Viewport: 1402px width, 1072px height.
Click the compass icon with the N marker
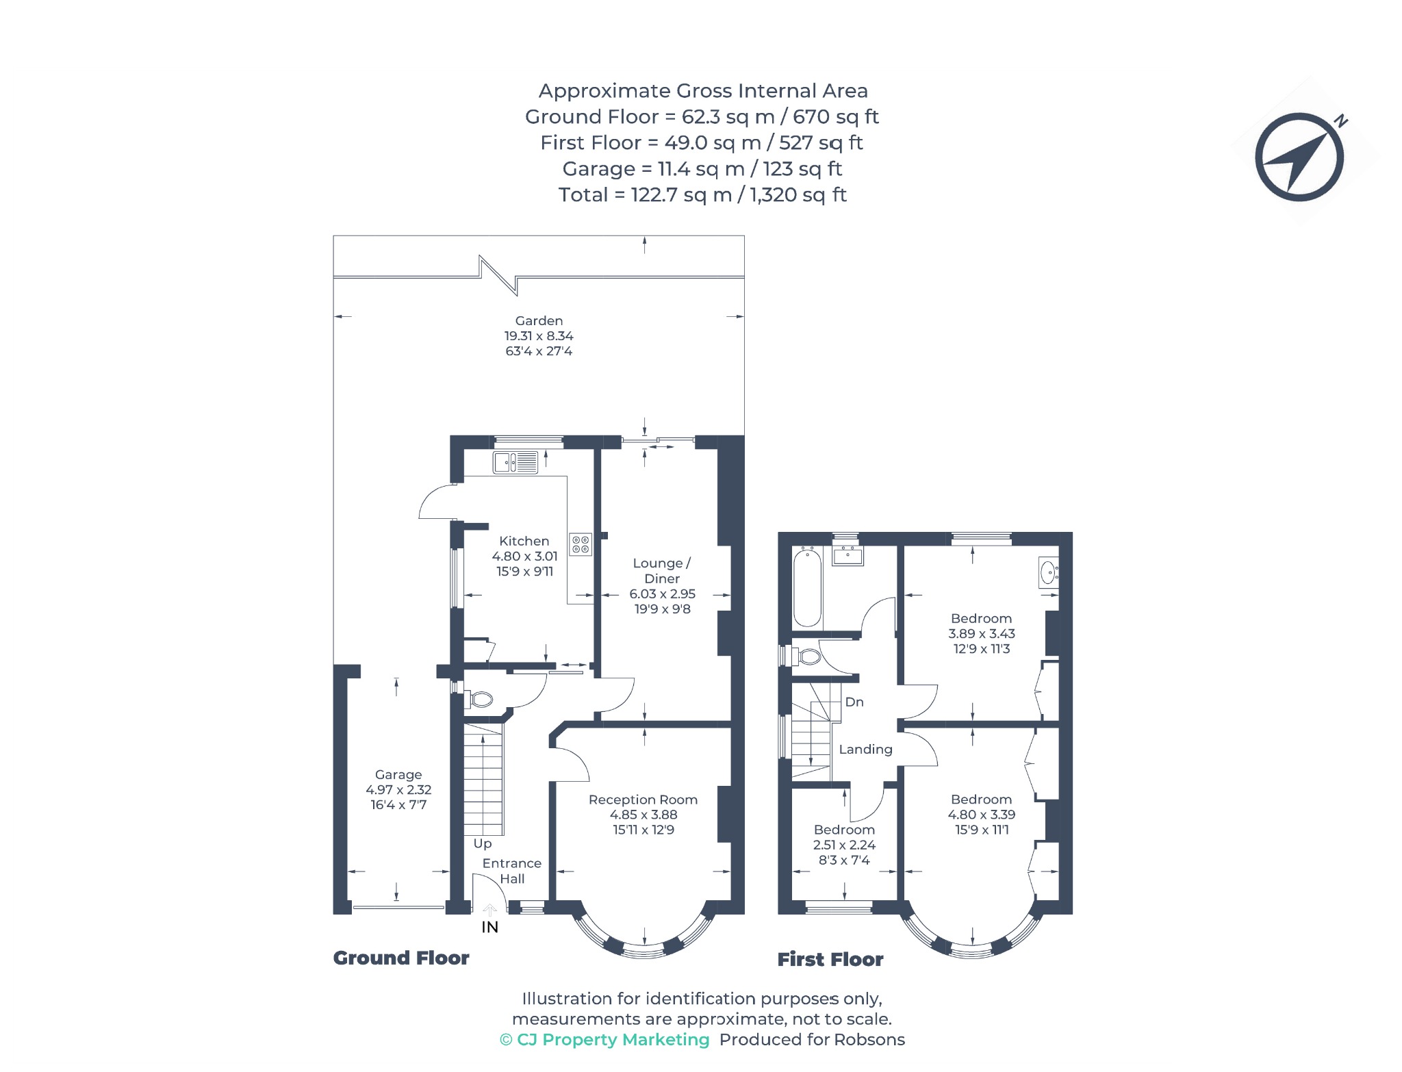[x=1299, y=157]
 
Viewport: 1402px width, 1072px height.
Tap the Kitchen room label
[x=524, y=541]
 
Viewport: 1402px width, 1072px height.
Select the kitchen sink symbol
[x=515, y=463]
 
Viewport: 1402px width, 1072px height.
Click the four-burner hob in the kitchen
[x=581, y=545]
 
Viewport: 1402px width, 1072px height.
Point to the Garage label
[x=398, y=775]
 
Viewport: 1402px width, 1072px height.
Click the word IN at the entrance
[x=489, y=927]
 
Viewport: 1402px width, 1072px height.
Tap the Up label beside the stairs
[x=483, y=844]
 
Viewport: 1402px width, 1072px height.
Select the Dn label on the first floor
[x=854, y=702]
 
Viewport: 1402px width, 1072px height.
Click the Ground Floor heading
[x=401, y=958]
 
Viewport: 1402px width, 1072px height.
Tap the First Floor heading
[x=830, y=959]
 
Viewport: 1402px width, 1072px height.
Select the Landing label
[x=865, y=750]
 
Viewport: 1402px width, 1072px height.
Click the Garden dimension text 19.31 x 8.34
[x=539, y=336]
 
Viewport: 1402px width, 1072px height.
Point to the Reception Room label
[x=643, y=800]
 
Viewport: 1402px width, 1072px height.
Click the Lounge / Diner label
[x=662, y=571]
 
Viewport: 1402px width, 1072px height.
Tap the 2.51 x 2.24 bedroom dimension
[x=844, y=845]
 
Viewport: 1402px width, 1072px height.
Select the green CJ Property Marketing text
[x=605, y=1040]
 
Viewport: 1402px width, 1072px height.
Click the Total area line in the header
[x=702, y=195]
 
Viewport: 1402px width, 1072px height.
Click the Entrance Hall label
[x=511, y=871]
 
